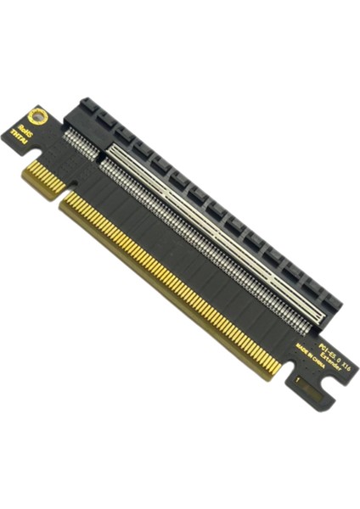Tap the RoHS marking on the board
tap(27, 133)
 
